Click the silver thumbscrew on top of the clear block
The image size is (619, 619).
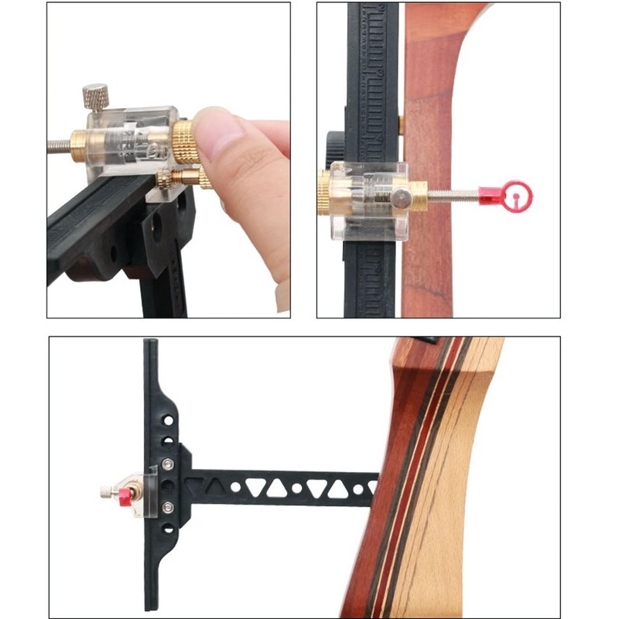coord(96,97)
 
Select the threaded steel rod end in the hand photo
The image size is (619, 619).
coord(59,145)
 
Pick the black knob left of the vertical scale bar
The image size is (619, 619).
coord(334,142)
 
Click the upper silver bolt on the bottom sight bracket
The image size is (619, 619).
coord(168,467)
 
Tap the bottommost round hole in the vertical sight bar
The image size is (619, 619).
coord(166,554)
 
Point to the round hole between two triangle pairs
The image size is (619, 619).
coord(296,489)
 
